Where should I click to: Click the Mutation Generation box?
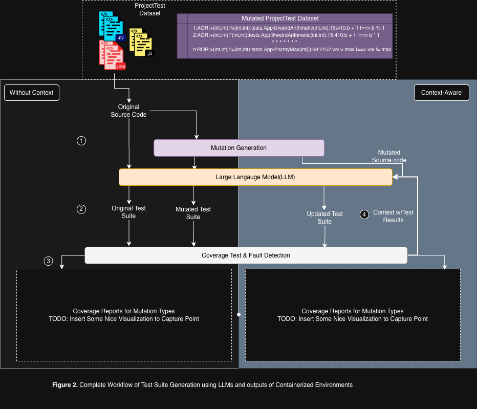coord(238,148)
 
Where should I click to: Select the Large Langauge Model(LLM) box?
coord(255,177)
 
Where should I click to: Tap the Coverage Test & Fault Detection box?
coord(246,255)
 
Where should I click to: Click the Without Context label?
coord(31,93)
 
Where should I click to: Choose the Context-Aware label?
coord(441,93)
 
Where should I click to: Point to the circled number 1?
coord(81,141)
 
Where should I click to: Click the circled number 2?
coord(81,209)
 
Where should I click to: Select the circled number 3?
coord(49,261)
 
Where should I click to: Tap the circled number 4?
coord(364,214)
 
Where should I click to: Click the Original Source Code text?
coord(128,111)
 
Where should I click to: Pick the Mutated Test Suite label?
coord(193,213)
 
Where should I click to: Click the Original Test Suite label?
coord(128,212)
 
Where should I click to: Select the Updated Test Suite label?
coord(324,218)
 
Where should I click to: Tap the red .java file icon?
coord(112,55)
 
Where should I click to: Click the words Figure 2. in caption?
coord(65,384)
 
